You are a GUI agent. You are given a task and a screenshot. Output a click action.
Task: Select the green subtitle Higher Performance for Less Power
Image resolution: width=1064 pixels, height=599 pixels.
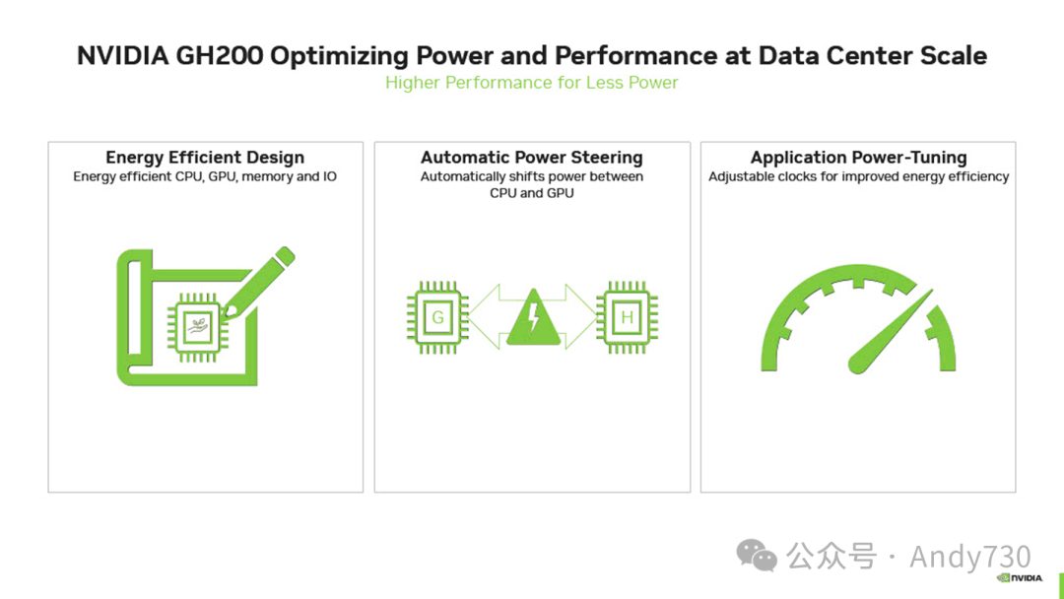(x=531, y=83)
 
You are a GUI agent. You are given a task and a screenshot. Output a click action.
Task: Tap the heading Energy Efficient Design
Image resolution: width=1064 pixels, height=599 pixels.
(x=205, y=158)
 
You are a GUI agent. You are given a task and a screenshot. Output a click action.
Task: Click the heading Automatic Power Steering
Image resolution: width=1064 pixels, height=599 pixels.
(x=532, y=158)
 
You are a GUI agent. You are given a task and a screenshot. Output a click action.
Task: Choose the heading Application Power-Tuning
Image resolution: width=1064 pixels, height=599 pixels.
(x=858, y=158)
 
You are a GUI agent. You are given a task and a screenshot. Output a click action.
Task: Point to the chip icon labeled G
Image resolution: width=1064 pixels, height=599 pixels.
(x=437, y=317)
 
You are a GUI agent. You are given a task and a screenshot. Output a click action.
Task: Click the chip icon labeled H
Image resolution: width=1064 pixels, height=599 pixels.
(x=627, y=317)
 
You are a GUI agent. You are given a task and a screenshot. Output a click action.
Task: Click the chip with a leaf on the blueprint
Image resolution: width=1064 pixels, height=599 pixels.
(x=197, y=323)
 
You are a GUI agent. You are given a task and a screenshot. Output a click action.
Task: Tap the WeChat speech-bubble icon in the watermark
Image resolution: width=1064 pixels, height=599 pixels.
(x=758, y=557)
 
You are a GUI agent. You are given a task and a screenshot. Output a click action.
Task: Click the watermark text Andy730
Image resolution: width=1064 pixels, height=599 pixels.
(x=969, y=557)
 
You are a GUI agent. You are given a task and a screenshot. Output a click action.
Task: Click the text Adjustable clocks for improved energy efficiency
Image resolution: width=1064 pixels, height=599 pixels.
(x=858, y=177)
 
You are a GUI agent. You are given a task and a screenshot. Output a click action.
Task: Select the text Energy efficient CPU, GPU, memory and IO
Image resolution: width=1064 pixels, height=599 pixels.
(x=205, y=177)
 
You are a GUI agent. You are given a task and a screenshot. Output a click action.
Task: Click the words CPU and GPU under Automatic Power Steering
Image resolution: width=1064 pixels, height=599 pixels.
(x=532, y=193)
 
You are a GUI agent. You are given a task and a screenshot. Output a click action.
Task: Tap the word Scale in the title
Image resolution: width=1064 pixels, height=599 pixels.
(x=954, y=55)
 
